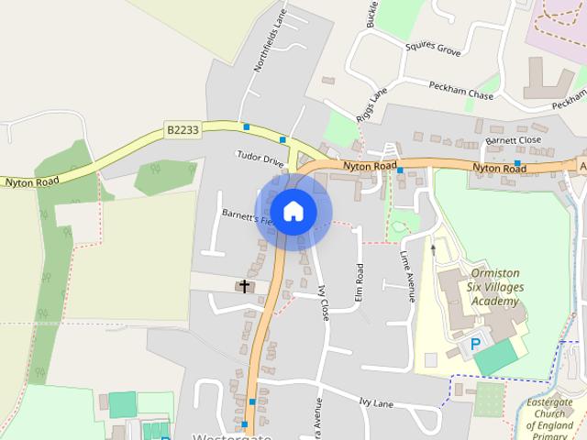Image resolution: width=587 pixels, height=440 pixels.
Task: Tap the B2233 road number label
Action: [183, 131]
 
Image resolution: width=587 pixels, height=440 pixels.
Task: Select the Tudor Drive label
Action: [260, 159]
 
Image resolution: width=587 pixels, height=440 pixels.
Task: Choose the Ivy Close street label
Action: [323, 302]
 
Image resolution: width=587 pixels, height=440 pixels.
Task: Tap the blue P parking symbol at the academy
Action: [474, 345]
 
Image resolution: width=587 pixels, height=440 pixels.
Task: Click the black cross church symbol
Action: [244, 287]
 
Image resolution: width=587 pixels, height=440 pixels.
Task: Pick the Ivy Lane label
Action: [376, 401]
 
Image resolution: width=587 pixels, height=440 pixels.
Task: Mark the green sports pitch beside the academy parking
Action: [496, 357]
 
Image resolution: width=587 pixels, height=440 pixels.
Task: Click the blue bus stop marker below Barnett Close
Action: [517, 163]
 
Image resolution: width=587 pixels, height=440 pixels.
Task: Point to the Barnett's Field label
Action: [246, 215]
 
